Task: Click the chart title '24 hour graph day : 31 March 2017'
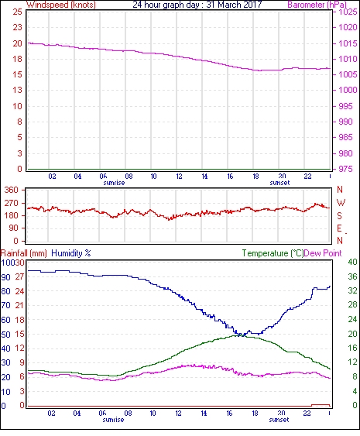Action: click(x=197, y=5)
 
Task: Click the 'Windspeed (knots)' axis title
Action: click(x=61, y=5)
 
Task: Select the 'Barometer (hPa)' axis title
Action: click(x=317, y=5)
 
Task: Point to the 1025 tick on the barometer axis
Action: click(x=348, y=12)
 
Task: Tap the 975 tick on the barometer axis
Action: click(x=345, y=169)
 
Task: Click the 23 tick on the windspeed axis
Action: click(x=17, y=27)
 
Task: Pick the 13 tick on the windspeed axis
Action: click(x=17, y=90)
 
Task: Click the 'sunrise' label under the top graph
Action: click(x=114, y=183)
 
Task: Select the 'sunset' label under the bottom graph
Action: click(x=279, y=420)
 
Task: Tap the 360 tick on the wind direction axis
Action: click(x=12, y=191)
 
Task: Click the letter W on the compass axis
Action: click(x=341, y=202)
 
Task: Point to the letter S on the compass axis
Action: click(x=339, y=215)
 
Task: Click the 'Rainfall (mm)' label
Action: click(x=24, y=253)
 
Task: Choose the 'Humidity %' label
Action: click(x=71, y=253)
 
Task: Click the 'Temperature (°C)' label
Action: click(x=273, y=253)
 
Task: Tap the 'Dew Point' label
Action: click(x=323, y=253)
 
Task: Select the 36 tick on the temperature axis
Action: click(x=352, y=276)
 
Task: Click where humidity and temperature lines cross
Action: click(x=243, y=335)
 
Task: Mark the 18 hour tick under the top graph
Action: click(x=255, y=177)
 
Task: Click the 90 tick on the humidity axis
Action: click(x=5, y=277)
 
